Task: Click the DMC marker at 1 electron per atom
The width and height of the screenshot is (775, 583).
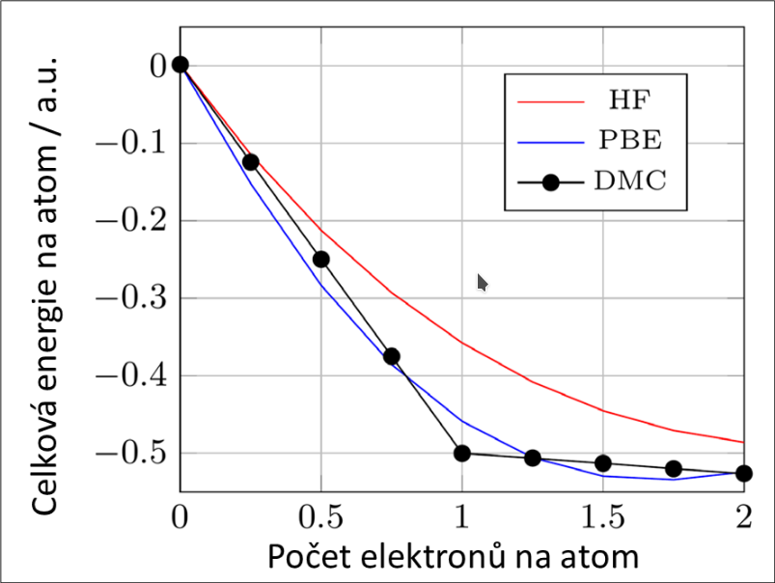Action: coord(462,453)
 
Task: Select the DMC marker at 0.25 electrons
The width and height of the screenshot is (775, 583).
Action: coord(251,162)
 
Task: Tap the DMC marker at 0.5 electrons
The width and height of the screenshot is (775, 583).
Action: coord(321,259)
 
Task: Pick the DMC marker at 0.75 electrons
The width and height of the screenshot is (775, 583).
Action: coord(392,356)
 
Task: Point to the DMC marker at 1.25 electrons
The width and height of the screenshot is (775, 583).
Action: coord(533,458)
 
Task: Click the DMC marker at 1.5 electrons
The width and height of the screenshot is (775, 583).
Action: coord(603,463)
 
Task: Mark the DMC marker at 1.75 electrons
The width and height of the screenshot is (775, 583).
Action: coord(674,469)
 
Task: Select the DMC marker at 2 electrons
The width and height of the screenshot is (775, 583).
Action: coord(743,473)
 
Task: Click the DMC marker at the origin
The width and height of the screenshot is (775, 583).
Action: coord(180,65)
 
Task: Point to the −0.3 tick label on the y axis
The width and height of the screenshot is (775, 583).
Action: coord(132,297)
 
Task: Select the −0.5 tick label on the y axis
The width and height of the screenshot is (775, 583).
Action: coord(132,453)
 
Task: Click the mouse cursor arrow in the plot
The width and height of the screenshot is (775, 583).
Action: coord(482,281)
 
